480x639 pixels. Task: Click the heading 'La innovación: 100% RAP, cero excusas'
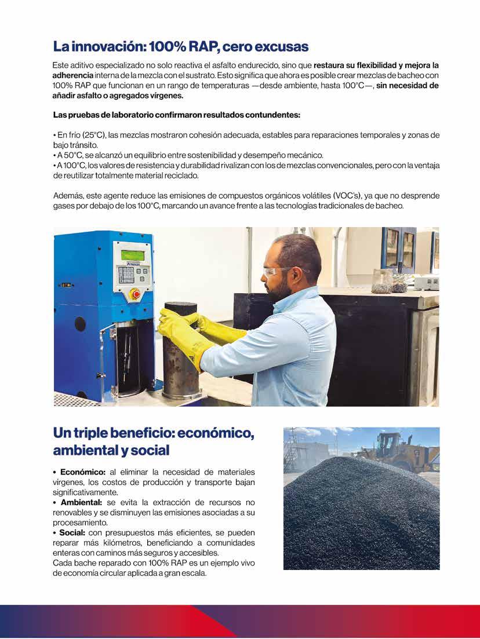[180, 46]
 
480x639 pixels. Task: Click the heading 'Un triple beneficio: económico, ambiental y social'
[154, 441]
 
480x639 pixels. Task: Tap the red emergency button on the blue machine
[136, 294]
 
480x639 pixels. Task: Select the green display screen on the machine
[132, 255]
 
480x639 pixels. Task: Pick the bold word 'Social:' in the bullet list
[71, 532]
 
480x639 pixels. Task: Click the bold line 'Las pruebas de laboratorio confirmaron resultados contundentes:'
[176, 115]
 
